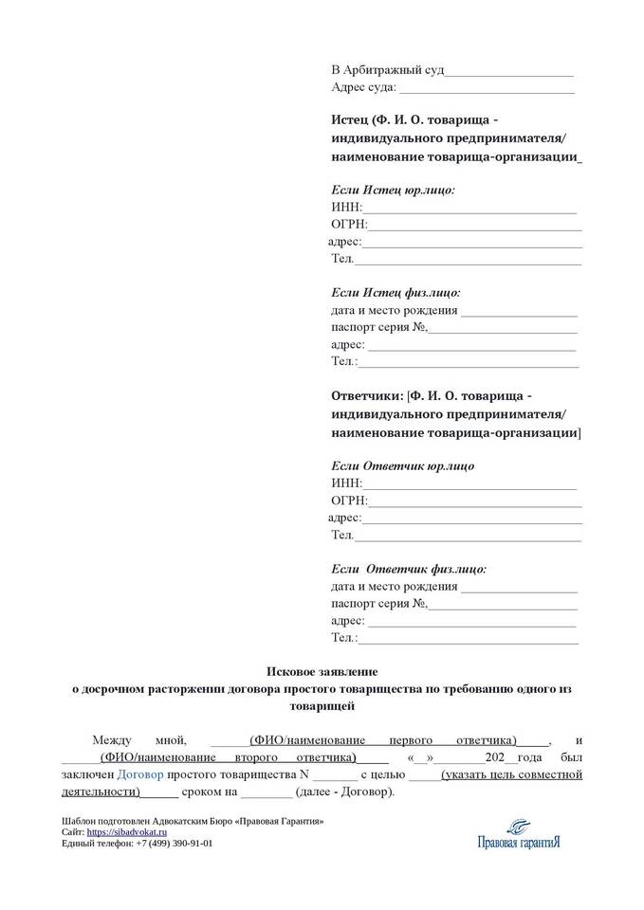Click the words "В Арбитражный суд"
point(387,71)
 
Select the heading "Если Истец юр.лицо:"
point(393,191)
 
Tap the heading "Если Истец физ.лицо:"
point(396,294)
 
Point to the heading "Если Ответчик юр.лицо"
point(402,466)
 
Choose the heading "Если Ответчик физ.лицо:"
point(408,570)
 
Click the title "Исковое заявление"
point(322,671)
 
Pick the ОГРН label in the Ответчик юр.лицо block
point(349,500)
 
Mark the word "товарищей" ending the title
point(322,706)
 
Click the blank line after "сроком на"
point(267,792)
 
